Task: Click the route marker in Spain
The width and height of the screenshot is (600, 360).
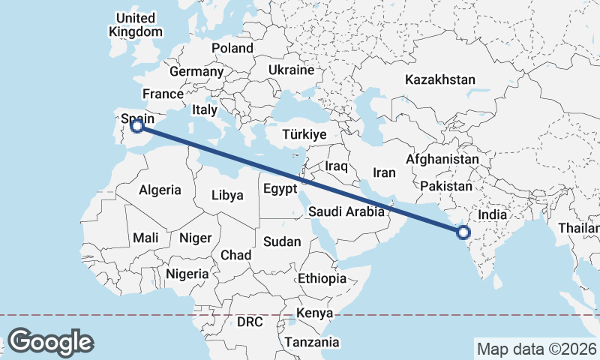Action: (x=136, y=127)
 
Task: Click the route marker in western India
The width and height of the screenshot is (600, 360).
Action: (x=463, y=232)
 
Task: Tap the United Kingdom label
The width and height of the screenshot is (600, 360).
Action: (x=136, y=25)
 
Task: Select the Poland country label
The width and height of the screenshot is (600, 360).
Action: (x=232, y=48)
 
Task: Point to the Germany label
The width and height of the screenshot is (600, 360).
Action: (x=196, y=72)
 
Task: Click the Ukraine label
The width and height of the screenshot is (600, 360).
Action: (x=291, y=70)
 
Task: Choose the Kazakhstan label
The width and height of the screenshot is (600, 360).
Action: (x=439, y=79)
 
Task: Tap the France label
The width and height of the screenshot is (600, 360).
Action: (x=163, y=94)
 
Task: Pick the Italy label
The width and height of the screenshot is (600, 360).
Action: (x=204, y=109)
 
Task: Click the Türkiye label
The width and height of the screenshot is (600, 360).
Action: (x=304, y=135)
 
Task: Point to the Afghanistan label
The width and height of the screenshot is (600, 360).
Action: (x=442, y=160)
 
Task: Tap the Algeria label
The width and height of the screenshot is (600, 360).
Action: (x=160, y=190)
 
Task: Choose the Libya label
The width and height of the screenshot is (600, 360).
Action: (x=227, y=195)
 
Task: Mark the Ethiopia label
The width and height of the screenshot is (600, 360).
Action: (x=322, y=278)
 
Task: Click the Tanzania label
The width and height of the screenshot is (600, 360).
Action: (x=311, y=342)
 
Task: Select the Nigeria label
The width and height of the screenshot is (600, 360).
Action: (x=187, y=274)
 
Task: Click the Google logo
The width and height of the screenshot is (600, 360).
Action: (x=50, y=342)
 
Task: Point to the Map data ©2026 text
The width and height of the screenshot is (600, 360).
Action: (x=536, y=349)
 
